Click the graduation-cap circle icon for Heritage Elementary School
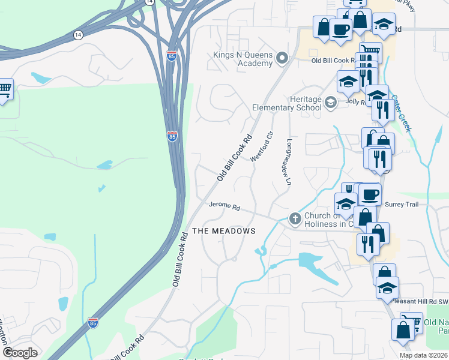pyautogui.click(x=330, y=103)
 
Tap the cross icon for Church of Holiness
pyautogui.click(x=295, y=219)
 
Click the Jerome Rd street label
pyautogui.click(x=224, y=206)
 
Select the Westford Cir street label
pyautogui.click(x=261, y=146)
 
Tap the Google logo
pyautogui.click(x=20, y=353)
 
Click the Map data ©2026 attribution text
pyautogui.click(x=424, y=355)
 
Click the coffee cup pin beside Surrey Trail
pyautogui.click(x=369, y=195)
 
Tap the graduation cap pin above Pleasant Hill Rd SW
pyautogui.click(x=387, y=287)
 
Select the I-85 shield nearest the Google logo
pyautogui.click(x=92, y=322)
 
